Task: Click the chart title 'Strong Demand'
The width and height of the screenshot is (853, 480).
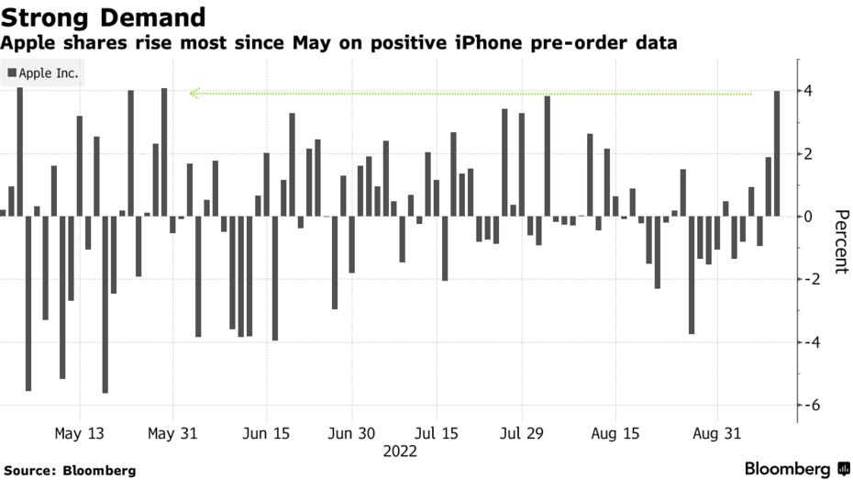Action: [x=103, y=17]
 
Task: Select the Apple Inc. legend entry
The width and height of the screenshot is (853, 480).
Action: [x=43, y=73]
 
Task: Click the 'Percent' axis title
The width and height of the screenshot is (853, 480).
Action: [x=839, y=241]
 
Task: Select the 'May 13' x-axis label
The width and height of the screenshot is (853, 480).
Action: [x=80, y=433]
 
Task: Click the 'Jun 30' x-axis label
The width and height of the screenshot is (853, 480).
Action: [x=351, y=433]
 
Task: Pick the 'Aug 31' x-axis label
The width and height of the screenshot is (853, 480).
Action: [x=716, y=433]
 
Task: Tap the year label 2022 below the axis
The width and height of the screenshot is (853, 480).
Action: [x=400, y=452]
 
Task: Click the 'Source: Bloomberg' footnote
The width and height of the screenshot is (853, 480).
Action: [x=69, y=470]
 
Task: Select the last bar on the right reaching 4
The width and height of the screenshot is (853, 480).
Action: [x=778, y=153]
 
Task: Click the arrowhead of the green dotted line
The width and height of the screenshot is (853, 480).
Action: [x=194, y=93]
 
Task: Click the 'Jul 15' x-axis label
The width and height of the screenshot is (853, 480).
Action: [x=438, y=433]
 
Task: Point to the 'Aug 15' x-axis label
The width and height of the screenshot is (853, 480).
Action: [x=616, y=433]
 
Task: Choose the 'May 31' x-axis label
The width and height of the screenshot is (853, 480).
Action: [x=172, y=433]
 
